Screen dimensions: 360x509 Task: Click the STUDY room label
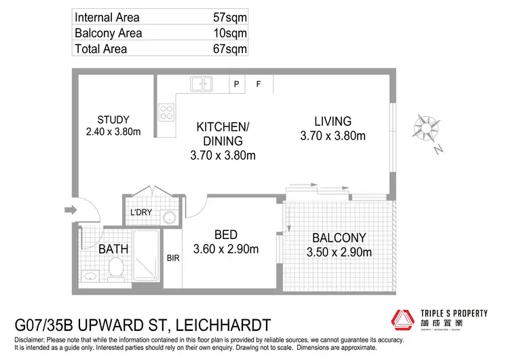click(113, 120)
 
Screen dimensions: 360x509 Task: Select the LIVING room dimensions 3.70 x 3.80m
click(333, 136)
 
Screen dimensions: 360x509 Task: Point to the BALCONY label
click(339, 238)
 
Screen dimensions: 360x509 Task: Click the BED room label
click(225, 235)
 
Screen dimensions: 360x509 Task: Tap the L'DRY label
click(140, 213)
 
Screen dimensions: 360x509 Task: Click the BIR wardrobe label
click(172, 258)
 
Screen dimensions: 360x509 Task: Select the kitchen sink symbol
click(201, 84)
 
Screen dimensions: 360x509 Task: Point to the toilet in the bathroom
click(116, 269)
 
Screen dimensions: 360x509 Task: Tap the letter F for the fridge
click(258, 84)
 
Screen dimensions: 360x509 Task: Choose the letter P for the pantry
click(237, 84)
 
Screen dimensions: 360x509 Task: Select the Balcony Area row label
click(108, 33)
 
